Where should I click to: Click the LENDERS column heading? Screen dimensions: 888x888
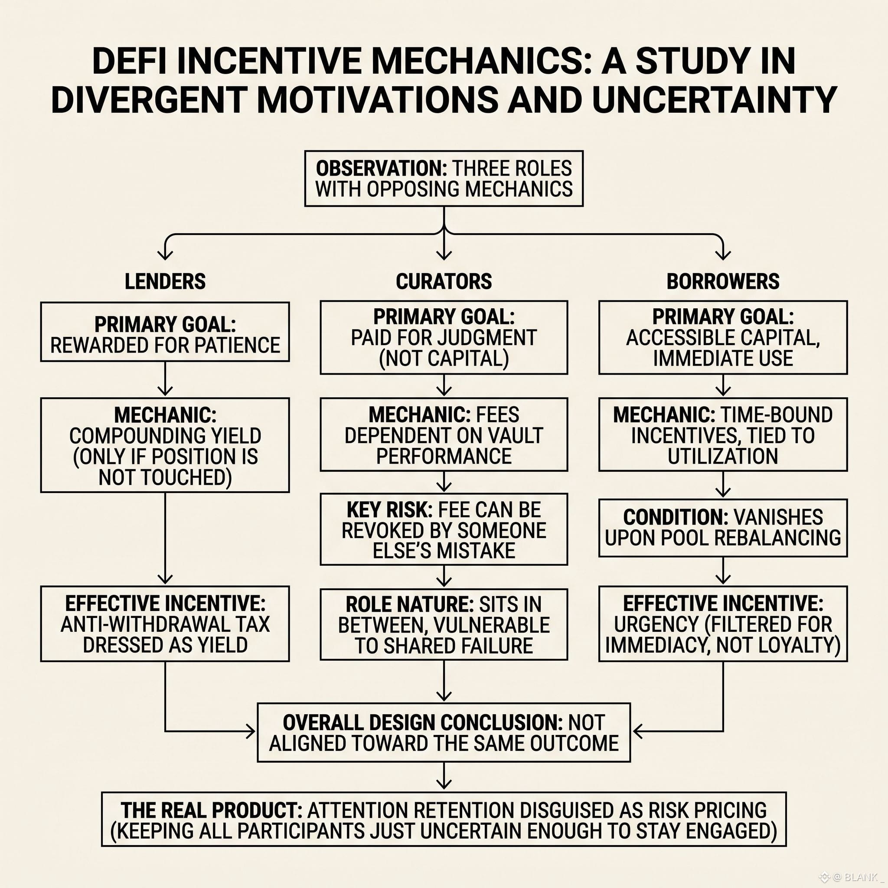click(165, 281)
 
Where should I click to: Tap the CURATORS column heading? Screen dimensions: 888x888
click(444, 281)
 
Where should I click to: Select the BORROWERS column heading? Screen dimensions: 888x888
click(722, 281)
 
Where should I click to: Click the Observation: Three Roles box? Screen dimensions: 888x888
click(444, 178)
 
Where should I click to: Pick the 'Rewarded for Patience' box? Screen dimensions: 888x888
click(165, 331)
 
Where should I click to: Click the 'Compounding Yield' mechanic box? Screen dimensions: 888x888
click(165, 445)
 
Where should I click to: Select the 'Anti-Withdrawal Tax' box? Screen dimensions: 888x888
click(165, 623)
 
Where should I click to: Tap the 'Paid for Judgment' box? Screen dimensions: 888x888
click(444, 337)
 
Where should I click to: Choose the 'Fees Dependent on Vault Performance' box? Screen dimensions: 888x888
click(444, 434)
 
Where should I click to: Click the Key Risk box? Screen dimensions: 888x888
click(444, 529)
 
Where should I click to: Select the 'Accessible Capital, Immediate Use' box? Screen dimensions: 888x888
click(722, 337)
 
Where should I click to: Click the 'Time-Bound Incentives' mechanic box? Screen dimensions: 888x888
click(722, 434)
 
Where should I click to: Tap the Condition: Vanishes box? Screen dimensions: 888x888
click(722, 528)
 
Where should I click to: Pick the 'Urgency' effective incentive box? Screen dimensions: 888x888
click(722, 623)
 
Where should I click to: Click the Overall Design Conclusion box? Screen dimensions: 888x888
click(444, 732)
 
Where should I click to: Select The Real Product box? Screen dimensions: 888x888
click(444, 820)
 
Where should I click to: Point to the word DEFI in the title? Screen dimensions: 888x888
click(130, 61)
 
